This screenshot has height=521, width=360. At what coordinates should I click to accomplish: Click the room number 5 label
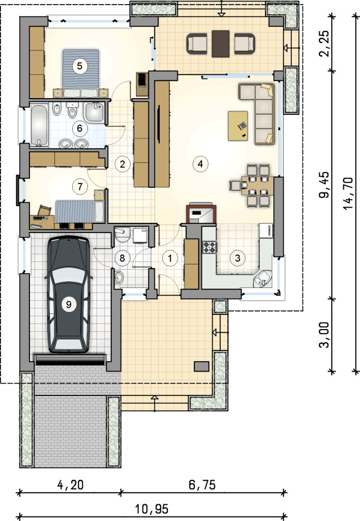(80, 66)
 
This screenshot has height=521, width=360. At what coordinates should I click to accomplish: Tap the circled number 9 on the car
(69, 304)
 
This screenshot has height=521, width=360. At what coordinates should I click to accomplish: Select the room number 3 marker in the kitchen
(237, 258)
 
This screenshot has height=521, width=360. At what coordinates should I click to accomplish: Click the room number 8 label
(122, 258)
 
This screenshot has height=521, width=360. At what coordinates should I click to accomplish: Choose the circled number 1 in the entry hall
(170, 258)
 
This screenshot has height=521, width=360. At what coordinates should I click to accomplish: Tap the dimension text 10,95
(152, 509)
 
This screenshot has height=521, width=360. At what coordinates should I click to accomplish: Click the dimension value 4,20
(70, 485)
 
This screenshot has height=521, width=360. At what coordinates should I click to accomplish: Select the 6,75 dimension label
(202, 485)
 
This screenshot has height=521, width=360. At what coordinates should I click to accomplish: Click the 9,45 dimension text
(324, 185)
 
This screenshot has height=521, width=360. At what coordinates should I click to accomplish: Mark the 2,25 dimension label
(324, 44)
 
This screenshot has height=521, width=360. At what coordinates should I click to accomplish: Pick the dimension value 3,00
(324, 334)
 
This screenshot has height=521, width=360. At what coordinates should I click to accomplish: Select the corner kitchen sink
(263, 278)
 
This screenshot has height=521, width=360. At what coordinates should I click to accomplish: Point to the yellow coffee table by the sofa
(238, 126)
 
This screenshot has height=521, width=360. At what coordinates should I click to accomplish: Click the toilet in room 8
(123, 234)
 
